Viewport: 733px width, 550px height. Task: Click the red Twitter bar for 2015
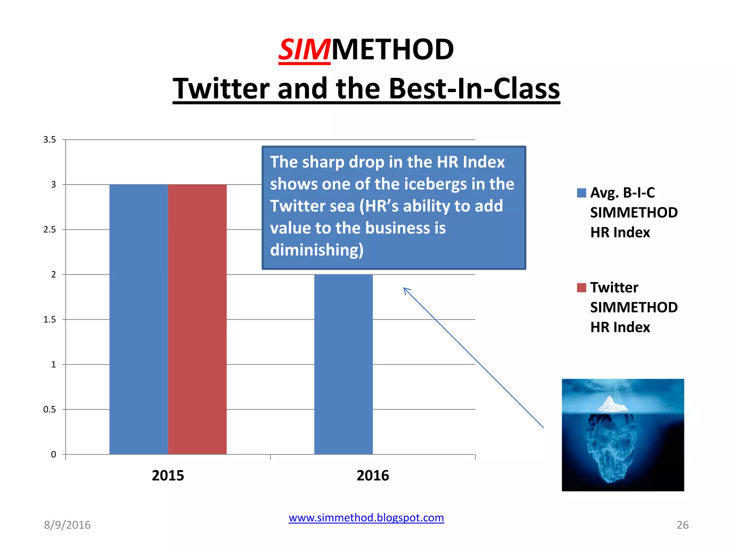[197, 319]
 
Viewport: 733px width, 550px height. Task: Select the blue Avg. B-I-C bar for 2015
[139, 319]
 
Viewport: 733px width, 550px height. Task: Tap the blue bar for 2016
[343, 363]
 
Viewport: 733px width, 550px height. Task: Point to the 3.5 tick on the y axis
[50, 140]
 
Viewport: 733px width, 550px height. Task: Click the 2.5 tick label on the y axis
[50, 230]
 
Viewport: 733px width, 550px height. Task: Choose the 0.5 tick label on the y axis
[50, 409]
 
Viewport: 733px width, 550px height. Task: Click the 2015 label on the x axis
[168, 476]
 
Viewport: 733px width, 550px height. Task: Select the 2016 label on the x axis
[373, 476]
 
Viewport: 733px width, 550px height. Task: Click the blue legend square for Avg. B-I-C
[582, 193]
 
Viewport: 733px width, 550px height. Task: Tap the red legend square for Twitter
[582, 288]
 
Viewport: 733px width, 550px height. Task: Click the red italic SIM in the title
[304, 50]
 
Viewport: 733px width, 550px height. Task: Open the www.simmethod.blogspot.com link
[366, 518]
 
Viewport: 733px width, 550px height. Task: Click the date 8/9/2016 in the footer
[67, 525]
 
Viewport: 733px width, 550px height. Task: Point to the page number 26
[682, 525]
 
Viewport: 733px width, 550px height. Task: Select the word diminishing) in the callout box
[317, 250]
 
